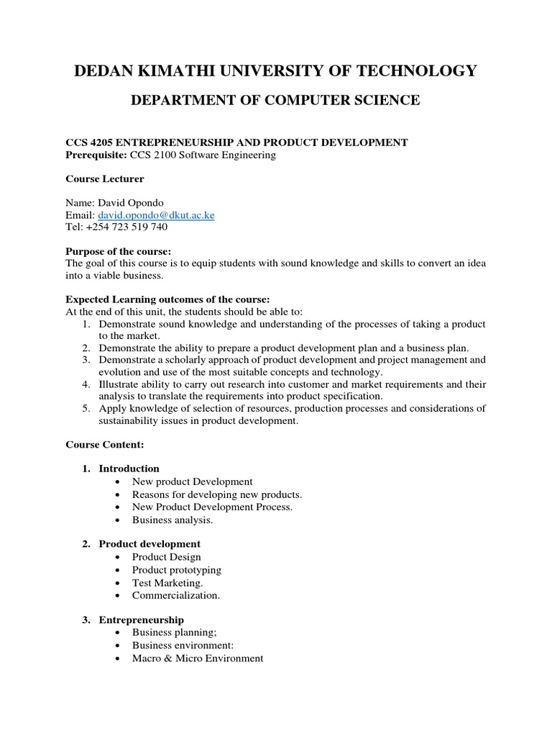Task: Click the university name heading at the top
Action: [x=275, y=70]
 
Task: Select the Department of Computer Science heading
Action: [x=275, y=101]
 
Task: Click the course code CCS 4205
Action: [x=89, y=143]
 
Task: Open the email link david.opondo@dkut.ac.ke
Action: [x=155, y=215]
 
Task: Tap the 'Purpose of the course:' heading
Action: [x=119, y=251]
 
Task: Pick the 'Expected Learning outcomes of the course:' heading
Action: [x=167, y=299]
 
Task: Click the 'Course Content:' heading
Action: [x=105, y=445]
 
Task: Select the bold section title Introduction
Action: [x=129, y=469]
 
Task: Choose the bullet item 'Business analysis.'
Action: [x=172, y=520]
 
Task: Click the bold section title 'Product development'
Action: [x=149, y=544]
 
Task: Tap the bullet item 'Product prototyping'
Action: [x=177, y=570]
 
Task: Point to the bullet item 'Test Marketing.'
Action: [x=167, y=583]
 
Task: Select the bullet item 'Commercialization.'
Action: [x=176, y=595]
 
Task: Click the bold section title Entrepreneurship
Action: [x=142, y=620]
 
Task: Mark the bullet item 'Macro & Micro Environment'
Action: [x=198, y=658]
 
